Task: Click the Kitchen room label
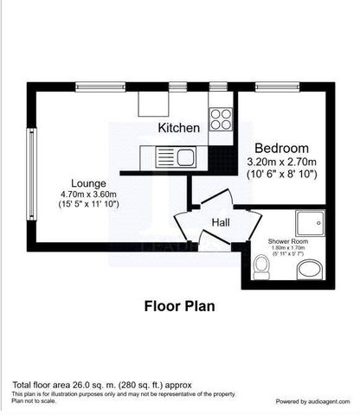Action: point(179,128)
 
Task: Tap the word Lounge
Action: point(89,183)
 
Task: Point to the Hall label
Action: point(220,222)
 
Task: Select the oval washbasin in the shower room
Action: point(308,272)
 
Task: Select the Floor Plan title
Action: point(179,305)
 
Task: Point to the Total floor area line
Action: point(101,384)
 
